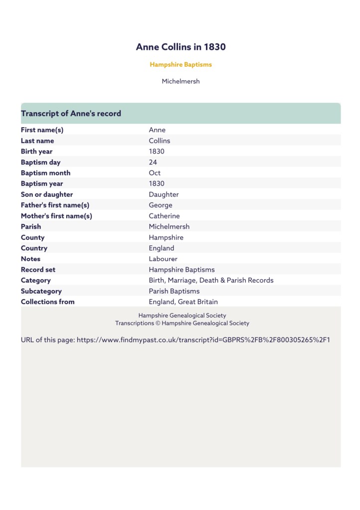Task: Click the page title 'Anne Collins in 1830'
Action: pos(180,47)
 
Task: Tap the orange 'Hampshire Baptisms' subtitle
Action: pos(180,64)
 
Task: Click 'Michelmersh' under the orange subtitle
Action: pos(180,81)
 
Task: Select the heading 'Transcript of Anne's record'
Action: pos(71,114)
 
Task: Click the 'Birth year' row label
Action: pos(36,152)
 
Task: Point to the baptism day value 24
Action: pos(153,162)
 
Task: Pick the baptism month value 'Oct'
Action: pos(155,173)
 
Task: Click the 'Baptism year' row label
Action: pos(42,183)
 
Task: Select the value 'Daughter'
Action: pos(164,194)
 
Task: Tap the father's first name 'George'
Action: pos(161,205)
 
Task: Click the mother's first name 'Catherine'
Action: pos(164,216)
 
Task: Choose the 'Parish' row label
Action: pos(31,226)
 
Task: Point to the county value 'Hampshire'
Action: pos(166,237)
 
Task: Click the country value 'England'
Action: pos(162,248)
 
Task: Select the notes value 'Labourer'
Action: pos(163,259)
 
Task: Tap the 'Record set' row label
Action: pos(38,270)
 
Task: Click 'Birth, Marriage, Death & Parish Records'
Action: pos(211,280)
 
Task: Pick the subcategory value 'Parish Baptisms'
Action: pos(174,291)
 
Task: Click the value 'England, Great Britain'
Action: pos(183,302)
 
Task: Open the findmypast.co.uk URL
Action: pos(203,340)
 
